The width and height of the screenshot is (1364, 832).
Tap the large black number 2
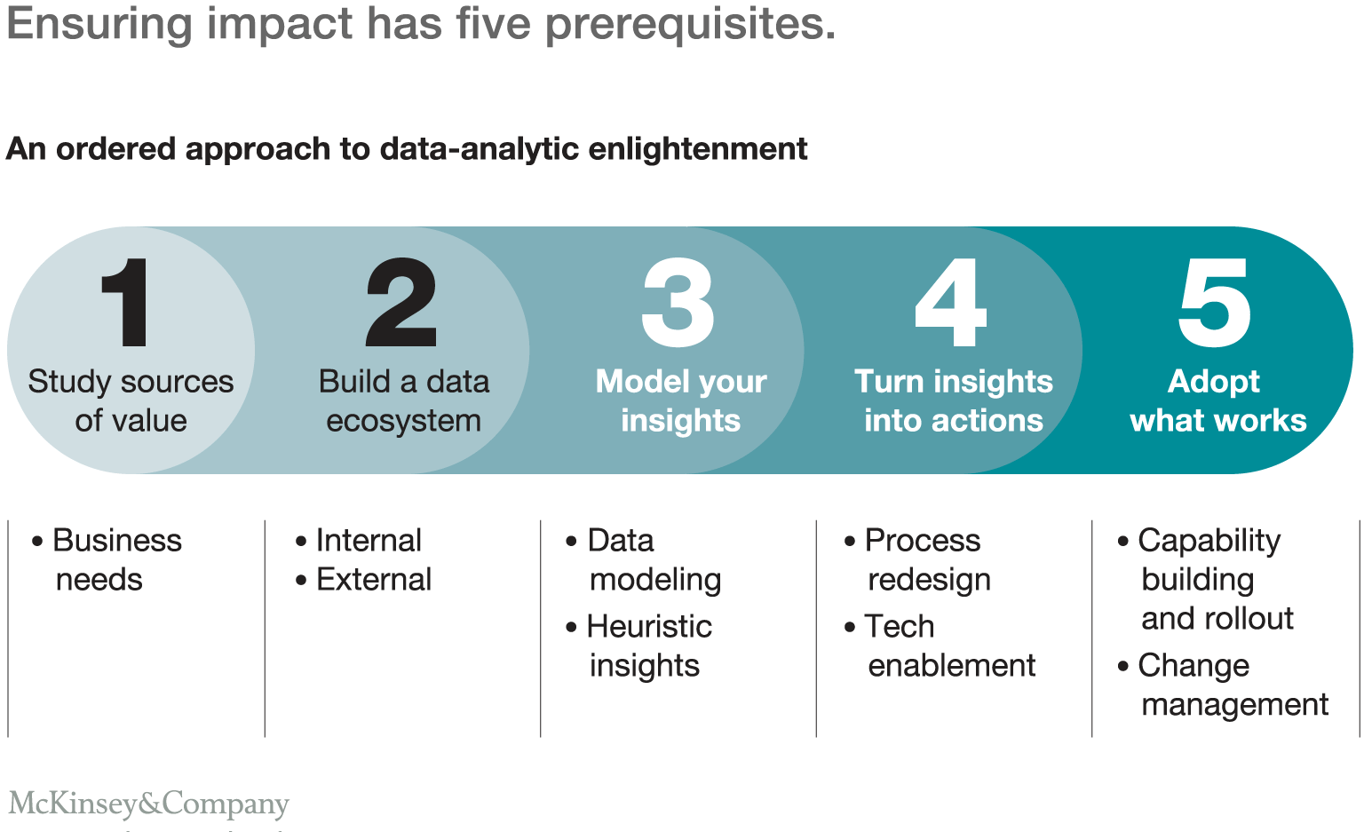click(x=401, y=303)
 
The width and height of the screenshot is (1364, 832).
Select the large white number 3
click(x=678, y=303)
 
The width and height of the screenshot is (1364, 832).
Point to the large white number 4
click(x=951, y=303)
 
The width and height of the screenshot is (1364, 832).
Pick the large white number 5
click(x=1215, y=303)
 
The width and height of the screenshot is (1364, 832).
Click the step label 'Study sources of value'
click(x=131, y=400)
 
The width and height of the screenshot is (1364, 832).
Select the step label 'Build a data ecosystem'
click(x=404, y=400)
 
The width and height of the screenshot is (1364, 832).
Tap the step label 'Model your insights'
click(x=681, y=400)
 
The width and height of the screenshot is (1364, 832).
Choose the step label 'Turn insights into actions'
click(x=954, y=400)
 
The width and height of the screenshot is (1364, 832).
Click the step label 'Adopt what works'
click(x=1217, y=400)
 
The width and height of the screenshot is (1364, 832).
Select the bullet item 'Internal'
click(x=368, y=540)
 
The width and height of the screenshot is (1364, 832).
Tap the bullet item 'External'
click(x=373, y=579)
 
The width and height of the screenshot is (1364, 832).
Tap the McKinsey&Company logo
click(x=149, y=803)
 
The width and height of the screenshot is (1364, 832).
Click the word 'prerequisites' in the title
click(x=689, y=24)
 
